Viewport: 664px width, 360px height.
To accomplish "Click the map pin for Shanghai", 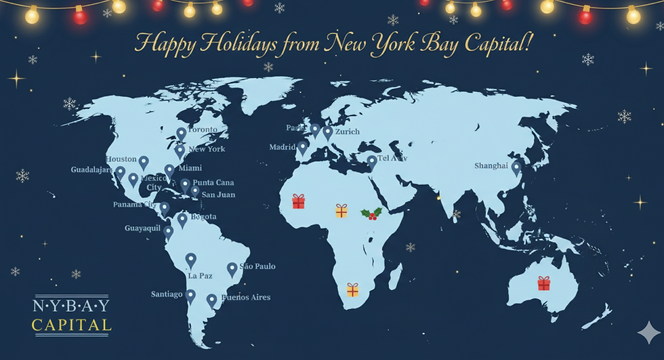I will tap(516, 167).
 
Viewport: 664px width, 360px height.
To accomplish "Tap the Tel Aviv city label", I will tap(392, 159).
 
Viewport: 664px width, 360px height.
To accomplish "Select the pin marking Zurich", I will tap(328, 132).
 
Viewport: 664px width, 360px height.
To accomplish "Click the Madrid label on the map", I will tap(283, 147).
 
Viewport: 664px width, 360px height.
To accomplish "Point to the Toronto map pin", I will tap(182, 134).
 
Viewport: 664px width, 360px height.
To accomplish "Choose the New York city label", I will tap(207, 149).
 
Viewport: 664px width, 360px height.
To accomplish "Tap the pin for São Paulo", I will tap(232, 268).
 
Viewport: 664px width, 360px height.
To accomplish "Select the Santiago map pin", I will tap(190, 296).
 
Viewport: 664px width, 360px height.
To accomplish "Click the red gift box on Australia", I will tap(543, 283).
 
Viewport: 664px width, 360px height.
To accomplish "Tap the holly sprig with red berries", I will tap(371, 214).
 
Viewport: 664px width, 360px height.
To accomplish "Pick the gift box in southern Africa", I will tap(352, 289).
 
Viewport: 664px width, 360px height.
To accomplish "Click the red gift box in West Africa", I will tap(298, 201).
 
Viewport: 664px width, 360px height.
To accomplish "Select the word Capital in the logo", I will tap(71, 325).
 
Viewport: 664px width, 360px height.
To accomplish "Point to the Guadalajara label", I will tap(92, 169).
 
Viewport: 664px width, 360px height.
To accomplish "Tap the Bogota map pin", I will tap(182, 220).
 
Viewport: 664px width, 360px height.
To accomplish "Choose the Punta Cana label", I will tap(213, 182).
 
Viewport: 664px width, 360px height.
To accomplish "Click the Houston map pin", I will tap(144, 163).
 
